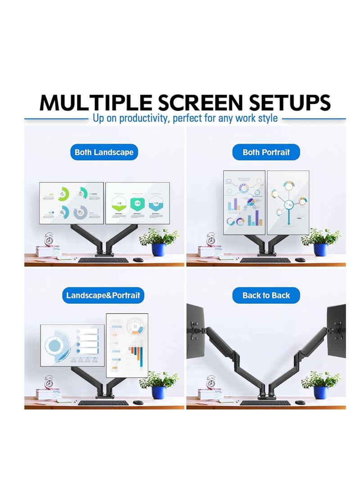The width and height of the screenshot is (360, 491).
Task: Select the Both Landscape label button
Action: pyautogui.click(x=104, y=152)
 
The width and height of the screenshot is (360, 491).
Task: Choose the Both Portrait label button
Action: pyautogui.click(x=266, y=152)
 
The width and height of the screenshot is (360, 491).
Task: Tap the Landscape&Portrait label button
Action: pyautogui.click(x=103, y=296)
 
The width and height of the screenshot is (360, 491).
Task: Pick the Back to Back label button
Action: pyautogui.click(x=266, y=296)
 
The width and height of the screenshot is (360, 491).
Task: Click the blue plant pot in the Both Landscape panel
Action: pyautogui.click(x=158, y=249)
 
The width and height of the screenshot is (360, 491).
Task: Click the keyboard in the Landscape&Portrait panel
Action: pyautogui.click(x=103, y=402)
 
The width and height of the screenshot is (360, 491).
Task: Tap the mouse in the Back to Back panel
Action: pyautogui.click(x=299, y=402)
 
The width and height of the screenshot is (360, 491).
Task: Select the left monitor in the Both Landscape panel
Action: pyautogui.click(x=72, y=203)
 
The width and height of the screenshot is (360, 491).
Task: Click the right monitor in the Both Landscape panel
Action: pyautogui.click(x=137, y=203)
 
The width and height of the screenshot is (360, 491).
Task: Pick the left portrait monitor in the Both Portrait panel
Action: pyautogui.click(x=244, y=203)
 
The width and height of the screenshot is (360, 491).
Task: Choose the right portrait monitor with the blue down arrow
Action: pyautogui.click(x=288, y=203)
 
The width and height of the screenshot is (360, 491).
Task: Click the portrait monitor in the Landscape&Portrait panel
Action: pyautogui.click(x=127, y=345)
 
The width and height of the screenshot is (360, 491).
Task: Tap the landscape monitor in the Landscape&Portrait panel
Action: pyautogui.click(x=72, y=345)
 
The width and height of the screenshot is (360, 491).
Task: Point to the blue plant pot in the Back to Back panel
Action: pyautogui.click(x=320, y=392)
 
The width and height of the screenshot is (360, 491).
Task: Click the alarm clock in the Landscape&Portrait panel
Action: pyautogui.click(x=49, y=383)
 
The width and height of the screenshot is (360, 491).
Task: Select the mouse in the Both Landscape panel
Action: pyautogui.click(x=138, y=260)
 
